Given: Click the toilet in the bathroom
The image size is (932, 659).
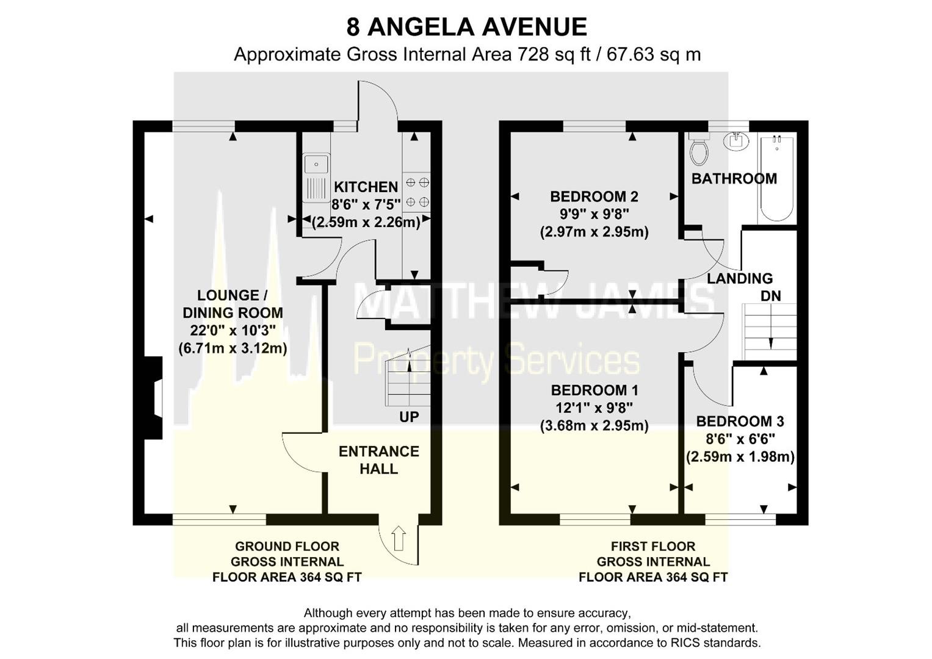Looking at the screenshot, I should click(x=699, y=150).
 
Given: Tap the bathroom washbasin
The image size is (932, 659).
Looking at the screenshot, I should click(x=737, y=141).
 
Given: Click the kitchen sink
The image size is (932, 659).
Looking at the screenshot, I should click(x=316, y=176).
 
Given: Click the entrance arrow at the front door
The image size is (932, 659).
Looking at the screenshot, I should click(x=398, y=538).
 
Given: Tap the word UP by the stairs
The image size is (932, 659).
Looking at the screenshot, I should click(x=409, y=417).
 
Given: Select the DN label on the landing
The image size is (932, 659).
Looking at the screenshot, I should click(x=770, y=296).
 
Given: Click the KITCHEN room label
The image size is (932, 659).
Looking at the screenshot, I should click(x=366, y=187).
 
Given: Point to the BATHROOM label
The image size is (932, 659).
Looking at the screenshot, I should click(x=734, y=179).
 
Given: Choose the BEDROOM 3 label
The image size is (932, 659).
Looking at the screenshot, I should click(x=740, y=421).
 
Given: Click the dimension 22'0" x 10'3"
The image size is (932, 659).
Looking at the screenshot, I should click(x=233, y=330).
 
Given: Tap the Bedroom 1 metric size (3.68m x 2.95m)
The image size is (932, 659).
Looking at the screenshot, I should click(x=594, y=425).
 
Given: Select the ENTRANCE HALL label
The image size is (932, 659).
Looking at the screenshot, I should click(x=378, y=460).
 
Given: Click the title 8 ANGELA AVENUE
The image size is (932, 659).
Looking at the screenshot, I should click(x=466, y=27).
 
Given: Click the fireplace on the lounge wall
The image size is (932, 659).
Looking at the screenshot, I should click(x=154, y=398).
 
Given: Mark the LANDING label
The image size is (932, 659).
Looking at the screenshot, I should click(x=740, y=278).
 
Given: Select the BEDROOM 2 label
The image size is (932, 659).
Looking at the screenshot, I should click(x=594, y=196).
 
